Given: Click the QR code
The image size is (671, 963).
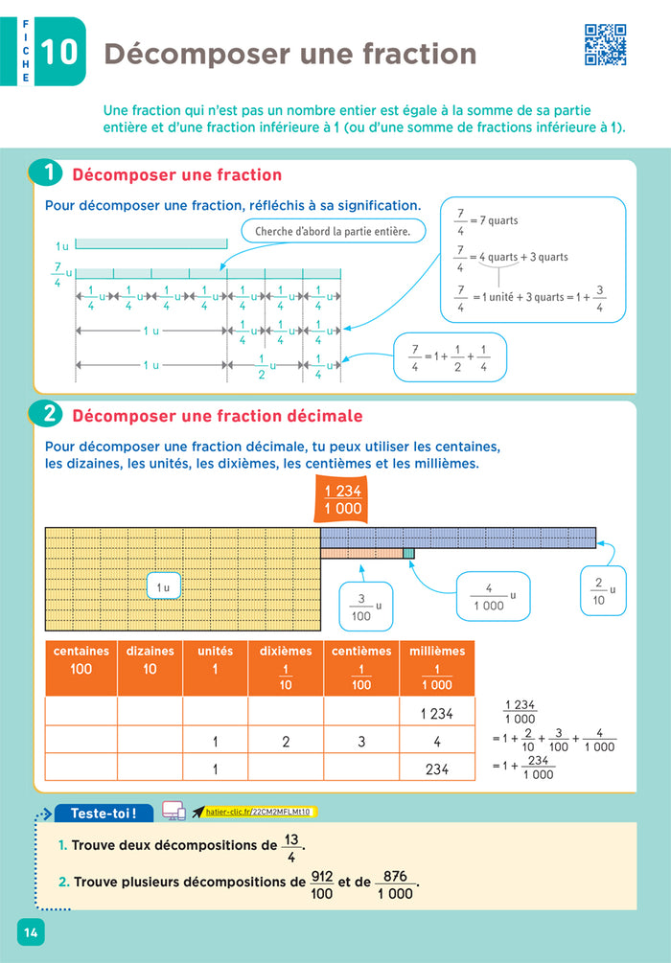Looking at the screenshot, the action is point(605,45).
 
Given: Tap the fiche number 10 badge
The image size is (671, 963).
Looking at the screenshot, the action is point(59,52).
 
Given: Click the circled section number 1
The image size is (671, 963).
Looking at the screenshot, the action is point(47,174).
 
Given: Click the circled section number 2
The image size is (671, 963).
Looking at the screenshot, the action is point(47,416).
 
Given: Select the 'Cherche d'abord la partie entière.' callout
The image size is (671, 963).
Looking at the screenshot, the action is point(333,231).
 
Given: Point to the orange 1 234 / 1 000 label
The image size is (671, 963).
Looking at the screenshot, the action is point(343,500).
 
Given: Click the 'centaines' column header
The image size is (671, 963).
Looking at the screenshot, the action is point(81,659).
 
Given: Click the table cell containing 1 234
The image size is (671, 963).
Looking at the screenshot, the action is point(436,712).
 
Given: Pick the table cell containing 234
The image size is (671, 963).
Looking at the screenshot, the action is point(436,768).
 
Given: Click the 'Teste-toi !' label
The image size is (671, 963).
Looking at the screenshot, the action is point(104,814).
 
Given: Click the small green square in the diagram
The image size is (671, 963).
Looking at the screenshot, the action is point(409,554).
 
